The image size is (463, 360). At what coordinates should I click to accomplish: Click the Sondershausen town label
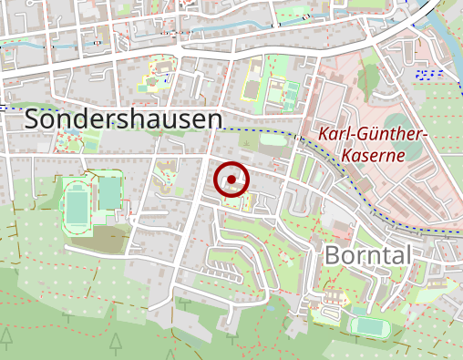click(x=124, y=119)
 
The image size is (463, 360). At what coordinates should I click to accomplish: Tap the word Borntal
click(x=367, y=254)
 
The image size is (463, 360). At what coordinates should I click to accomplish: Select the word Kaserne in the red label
click(x=374, y=155)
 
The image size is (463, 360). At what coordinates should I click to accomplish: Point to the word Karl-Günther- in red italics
click(x=373, y=135)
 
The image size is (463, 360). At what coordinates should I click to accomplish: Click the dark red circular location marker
click(x=231, y=179)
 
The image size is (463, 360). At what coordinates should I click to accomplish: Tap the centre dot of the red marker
click(x=231, y=179)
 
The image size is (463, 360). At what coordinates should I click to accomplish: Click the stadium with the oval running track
click(x=77, y=203)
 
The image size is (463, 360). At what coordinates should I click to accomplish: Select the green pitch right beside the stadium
click(x=109, y=193)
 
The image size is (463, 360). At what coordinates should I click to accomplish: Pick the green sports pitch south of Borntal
click(x=368, y=325)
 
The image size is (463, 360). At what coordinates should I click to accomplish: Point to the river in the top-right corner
click(x=446, y=36)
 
